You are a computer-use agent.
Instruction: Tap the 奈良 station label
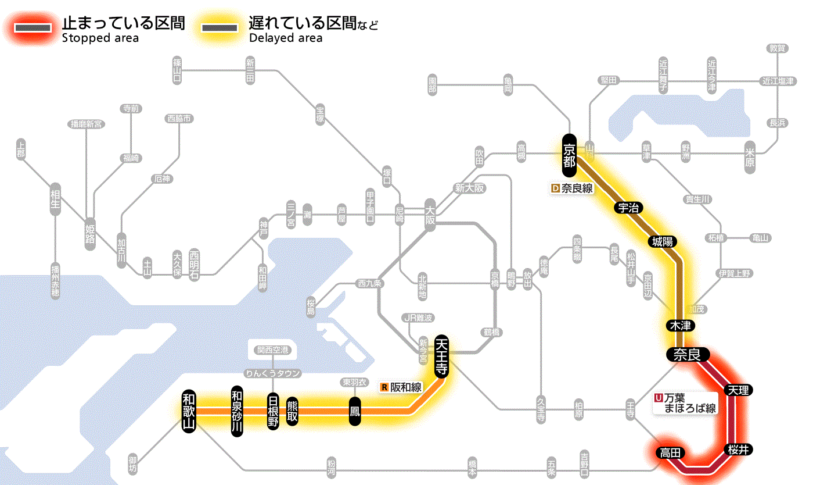[x=687, y=354]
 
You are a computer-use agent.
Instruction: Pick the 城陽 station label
[x=662, y=241]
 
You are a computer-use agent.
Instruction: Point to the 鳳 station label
[x=355, y=412]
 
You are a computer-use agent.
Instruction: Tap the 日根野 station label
[x=273, y=411]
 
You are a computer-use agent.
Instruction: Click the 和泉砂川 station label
[x=236, y=411]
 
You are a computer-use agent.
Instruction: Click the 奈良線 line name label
[x=572, y=188]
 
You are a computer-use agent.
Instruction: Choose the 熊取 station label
[x=292, y=411]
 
